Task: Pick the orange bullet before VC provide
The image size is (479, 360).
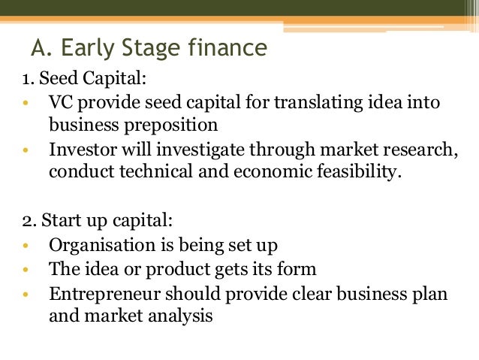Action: coord(26,101)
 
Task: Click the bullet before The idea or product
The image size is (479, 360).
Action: coord(26,268)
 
